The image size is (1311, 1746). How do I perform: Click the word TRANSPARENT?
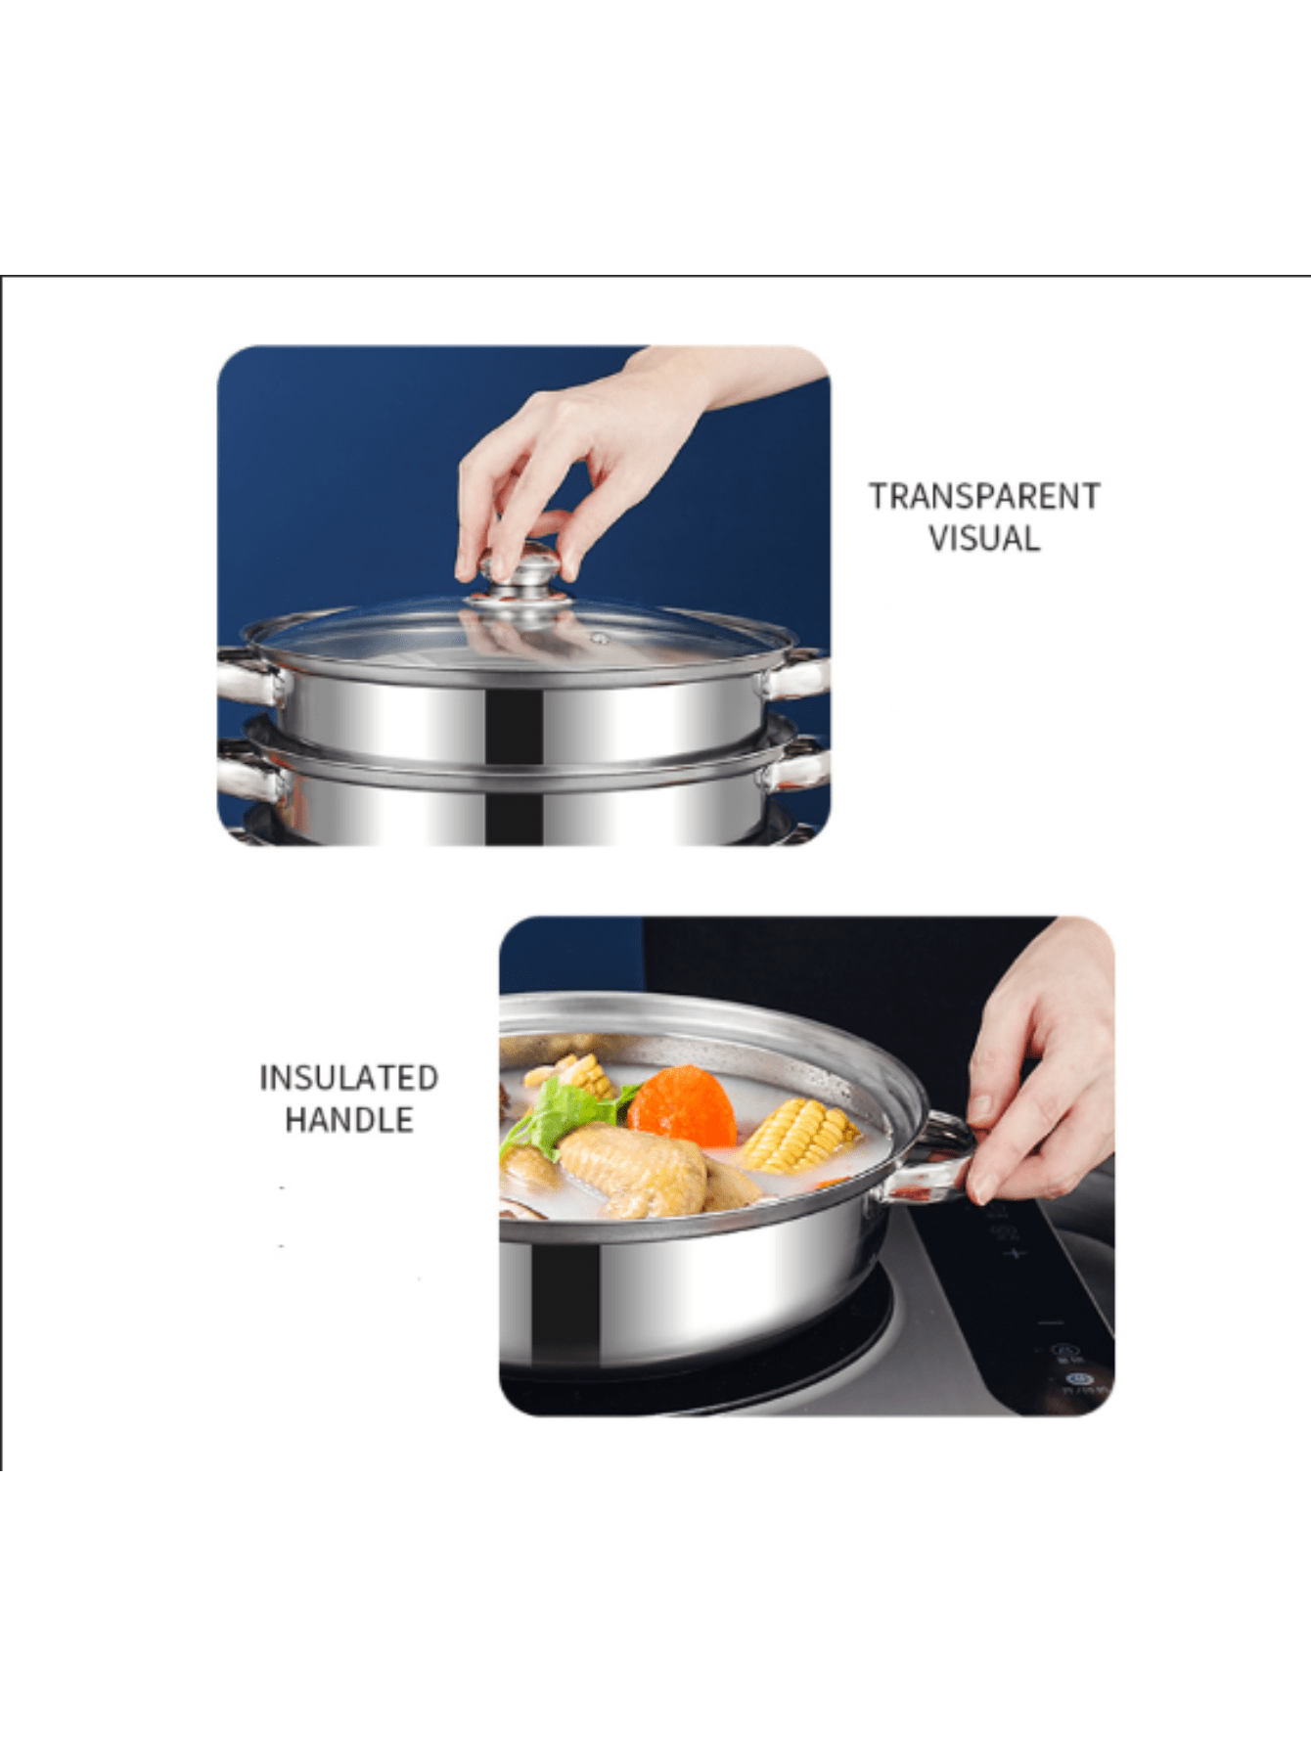[x=984, y=496]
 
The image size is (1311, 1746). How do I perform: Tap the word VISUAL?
[x=984, y=539]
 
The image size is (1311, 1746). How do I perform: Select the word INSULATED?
[x=348, y=1077]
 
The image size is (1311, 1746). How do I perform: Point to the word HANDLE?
[x=348, y=1120]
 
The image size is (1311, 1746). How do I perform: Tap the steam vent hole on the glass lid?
[x=600, y=639]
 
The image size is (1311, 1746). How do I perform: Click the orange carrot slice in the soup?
[x=684, y=1106]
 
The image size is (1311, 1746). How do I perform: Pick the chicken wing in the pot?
[x=636, y=1169]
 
